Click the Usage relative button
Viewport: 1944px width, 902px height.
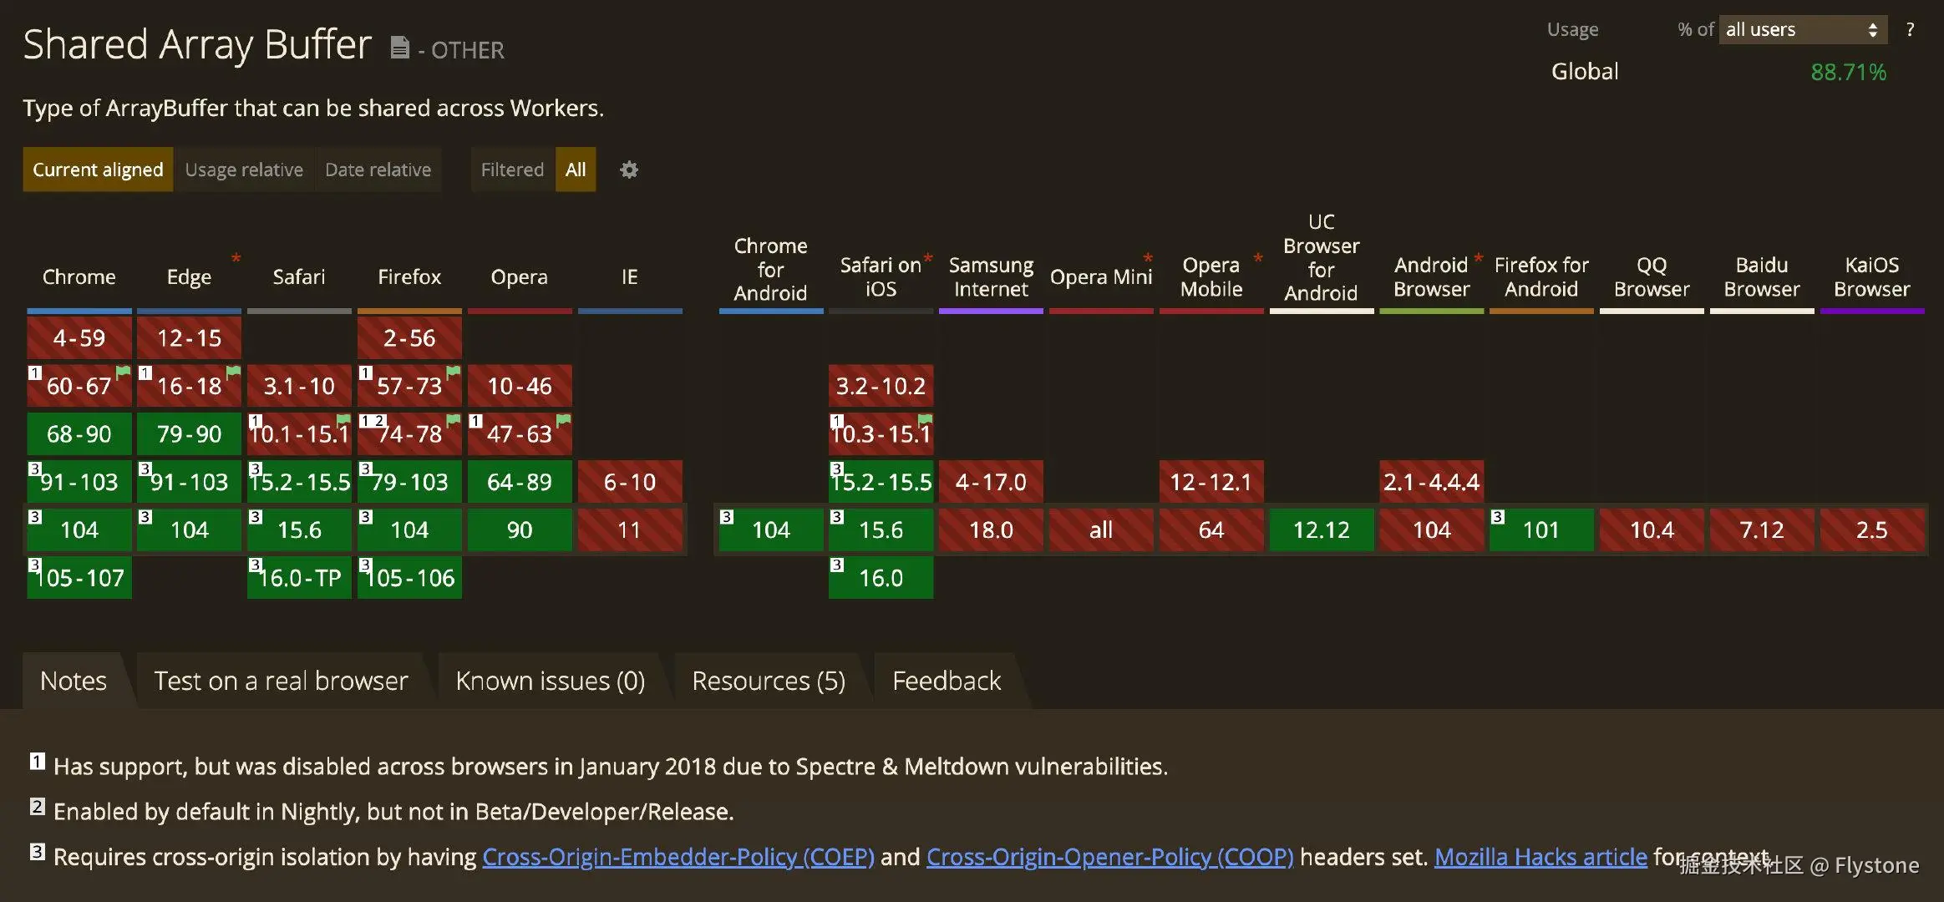[244, 170]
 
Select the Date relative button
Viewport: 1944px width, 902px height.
[378, 170]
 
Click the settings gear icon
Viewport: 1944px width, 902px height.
[629, 170]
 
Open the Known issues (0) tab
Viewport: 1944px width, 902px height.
[550, 681]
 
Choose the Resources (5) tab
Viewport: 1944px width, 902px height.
[769, 681]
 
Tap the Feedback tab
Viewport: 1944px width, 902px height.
[947, 681]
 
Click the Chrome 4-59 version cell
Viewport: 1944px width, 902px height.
[79, 338]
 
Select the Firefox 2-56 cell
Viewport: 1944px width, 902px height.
[409, 338]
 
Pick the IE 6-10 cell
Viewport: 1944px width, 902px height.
[630, 482]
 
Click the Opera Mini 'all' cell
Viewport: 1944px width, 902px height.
[1101, 530]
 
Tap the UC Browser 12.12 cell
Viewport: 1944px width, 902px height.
[1321, 530]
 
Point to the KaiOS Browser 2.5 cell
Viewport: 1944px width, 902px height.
[1871, 530]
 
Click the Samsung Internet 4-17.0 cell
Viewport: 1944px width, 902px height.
[991, 482]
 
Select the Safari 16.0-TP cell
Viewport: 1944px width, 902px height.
[299, 578]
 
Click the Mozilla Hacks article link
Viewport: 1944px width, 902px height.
[1540, 857]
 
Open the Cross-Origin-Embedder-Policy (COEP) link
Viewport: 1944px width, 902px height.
[678, 857]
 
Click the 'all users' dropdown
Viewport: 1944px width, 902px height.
[1802, 30]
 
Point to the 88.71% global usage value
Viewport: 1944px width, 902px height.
[1848, 73]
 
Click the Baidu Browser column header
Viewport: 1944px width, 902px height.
[1761, 277]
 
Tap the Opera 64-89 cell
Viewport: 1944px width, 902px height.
[520, 482]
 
